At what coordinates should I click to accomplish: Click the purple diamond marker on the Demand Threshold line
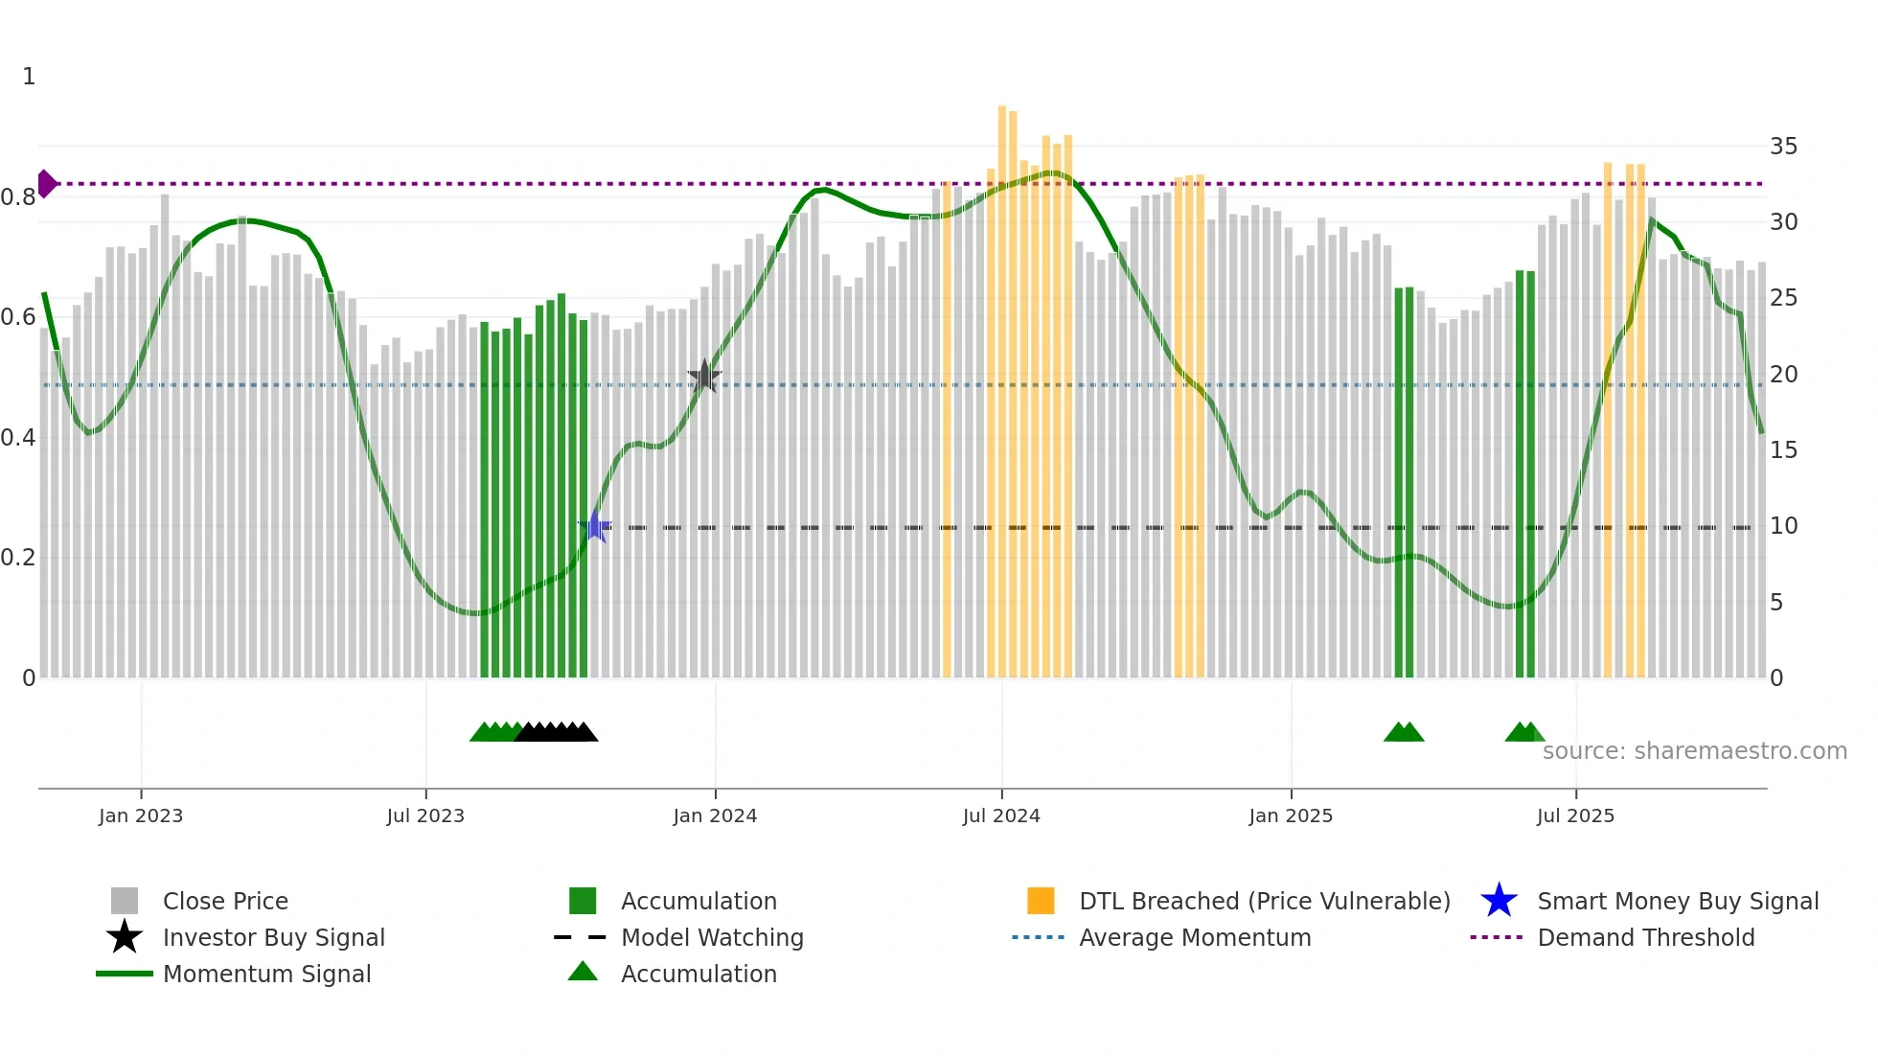(x=46, y=183)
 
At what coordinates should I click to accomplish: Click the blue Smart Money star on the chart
(x=595, y=526)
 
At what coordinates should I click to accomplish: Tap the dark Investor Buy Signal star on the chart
(x=704, y=377)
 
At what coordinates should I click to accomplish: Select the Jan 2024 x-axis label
(x=715, y=815)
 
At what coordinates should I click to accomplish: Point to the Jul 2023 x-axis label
(x=425, y=815)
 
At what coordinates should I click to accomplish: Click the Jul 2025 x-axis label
(x=1575, y=815)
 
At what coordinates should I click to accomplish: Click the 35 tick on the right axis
(x=1783, y=147)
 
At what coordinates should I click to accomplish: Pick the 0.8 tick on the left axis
(x=18, y=197)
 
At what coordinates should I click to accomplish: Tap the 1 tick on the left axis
(x=29, y=77)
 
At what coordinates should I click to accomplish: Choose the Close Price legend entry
(x=225, y=901)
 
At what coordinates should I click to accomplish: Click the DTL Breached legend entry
(x=1264, y=901)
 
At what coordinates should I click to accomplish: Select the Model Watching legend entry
(x=711, y=937)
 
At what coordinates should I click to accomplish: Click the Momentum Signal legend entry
(x=266, y=974)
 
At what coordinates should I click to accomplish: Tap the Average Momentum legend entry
(x=1194, y=937)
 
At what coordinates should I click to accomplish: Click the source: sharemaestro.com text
(x=1694, y=751)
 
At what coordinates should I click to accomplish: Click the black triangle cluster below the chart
(x=556, y=732)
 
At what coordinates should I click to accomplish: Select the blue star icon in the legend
(x=1499, y=901)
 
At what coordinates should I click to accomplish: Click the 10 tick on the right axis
(x=1783, y=526)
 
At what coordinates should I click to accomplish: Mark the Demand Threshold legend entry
(x=1645, y=937)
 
